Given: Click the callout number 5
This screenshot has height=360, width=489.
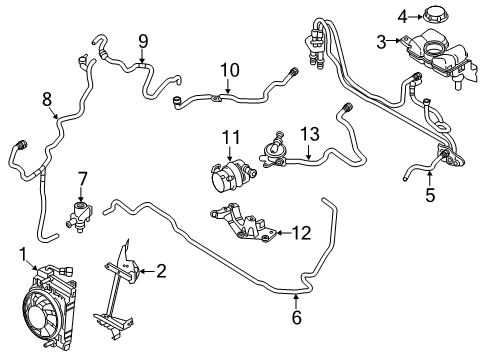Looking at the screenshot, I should pyautogui.click(x=429, y=195).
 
